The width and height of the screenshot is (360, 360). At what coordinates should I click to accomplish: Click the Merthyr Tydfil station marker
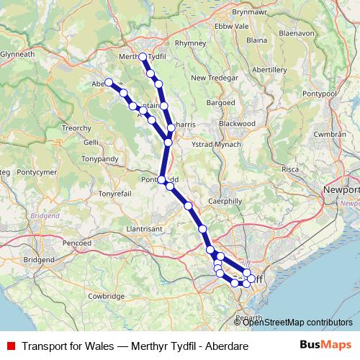coord(143,57)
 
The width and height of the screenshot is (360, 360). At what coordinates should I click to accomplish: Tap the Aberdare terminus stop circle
coord(109,82)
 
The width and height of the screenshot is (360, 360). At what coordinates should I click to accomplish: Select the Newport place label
coord(342,189)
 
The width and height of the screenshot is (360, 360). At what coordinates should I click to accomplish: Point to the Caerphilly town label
coord(225,201)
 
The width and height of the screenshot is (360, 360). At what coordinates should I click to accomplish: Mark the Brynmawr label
coord(250,13)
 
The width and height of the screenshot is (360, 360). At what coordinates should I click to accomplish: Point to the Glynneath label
coord(17,54)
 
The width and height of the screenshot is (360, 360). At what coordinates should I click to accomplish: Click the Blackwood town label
coord(237,123)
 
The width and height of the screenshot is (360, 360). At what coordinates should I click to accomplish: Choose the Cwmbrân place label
coord(330,135)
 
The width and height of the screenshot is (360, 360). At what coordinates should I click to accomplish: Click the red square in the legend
coord(10,346)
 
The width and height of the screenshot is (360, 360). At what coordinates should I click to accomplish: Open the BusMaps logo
coord(325,346)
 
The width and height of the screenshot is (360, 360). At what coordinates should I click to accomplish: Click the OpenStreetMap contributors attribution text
coord(297,322)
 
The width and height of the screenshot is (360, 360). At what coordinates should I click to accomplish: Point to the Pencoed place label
coord(76,243)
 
